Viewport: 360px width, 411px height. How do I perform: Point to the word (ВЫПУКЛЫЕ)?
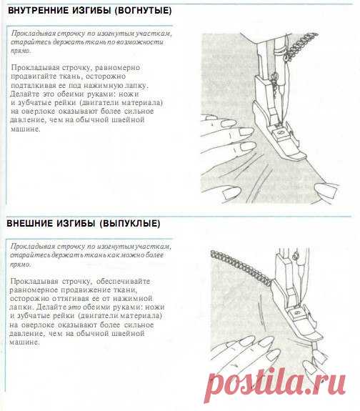130,223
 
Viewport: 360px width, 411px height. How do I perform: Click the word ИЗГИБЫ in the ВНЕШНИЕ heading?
75,223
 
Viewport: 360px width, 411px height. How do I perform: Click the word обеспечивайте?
123,281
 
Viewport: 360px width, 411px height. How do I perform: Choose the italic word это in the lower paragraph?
74,307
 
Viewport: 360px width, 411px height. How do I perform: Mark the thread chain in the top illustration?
301,46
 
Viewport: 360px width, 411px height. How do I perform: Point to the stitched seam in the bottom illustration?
241,268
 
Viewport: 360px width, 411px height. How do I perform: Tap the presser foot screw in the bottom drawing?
297,312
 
